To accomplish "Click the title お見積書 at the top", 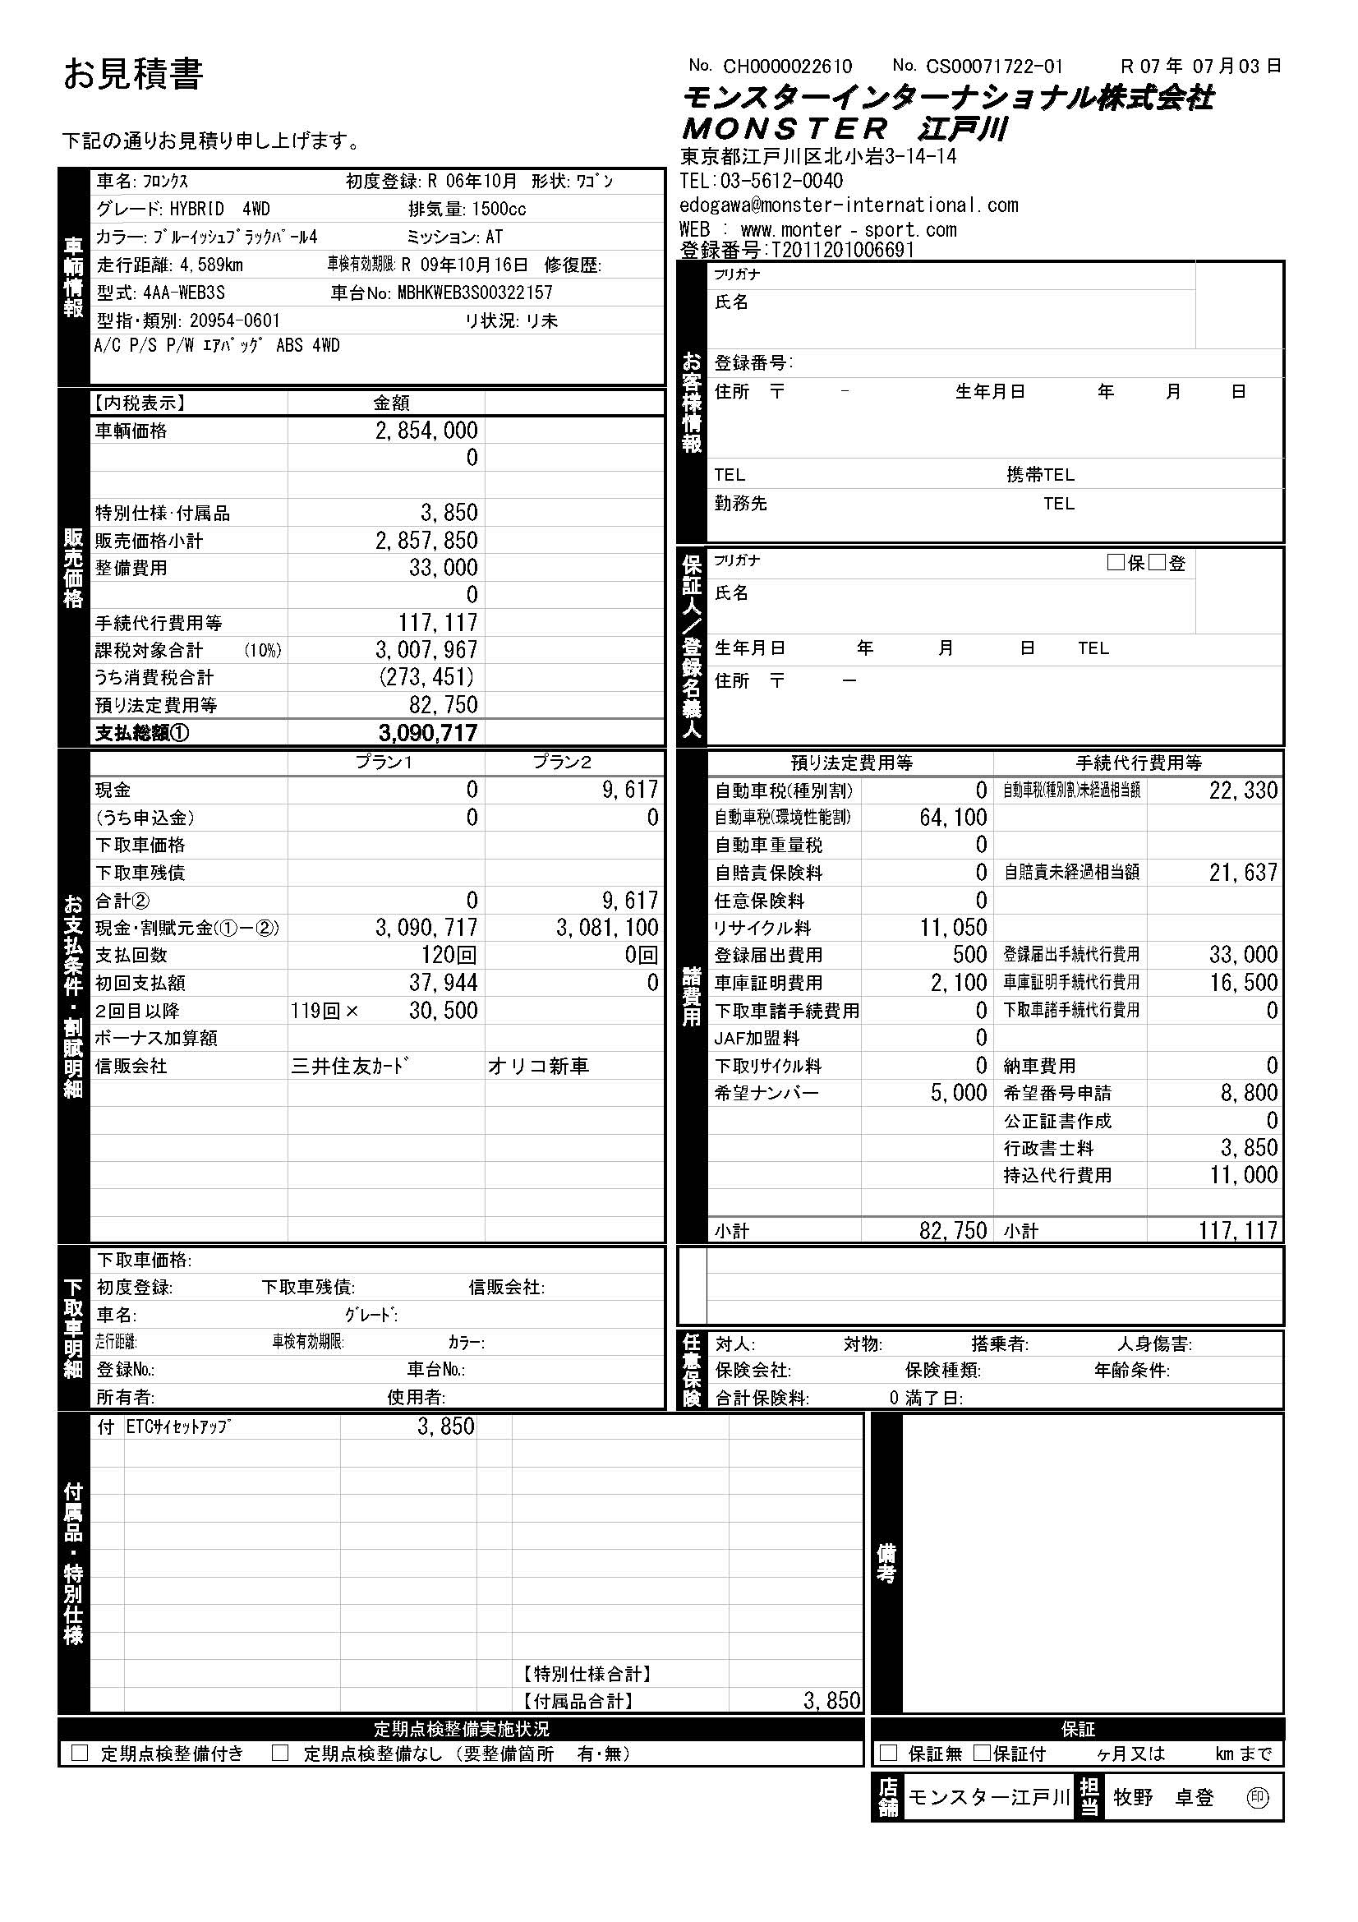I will pyautogui.click(x=133, y=75).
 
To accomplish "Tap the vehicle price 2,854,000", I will pyautogui.click(x=426, y=431).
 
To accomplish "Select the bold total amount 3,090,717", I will pyautogui.click(x=427, y=733).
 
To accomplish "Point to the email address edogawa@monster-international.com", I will pyautogui.click(x=849, y=205).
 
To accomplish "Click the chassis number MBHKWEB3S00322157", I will pyautogui.click(x=474, y=293).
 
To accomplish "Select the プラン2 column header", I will pyautogui.click(x=561, y=762).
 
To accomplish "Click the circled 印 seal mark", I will pyautogui.click(x=1257, y=1797).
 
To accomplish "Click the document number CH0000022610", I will pyautogui.click(x=787, y=66).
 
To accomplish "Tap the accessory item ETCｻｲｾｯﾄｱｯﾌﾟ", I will pyautogui.click(x=178, y=1427).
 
